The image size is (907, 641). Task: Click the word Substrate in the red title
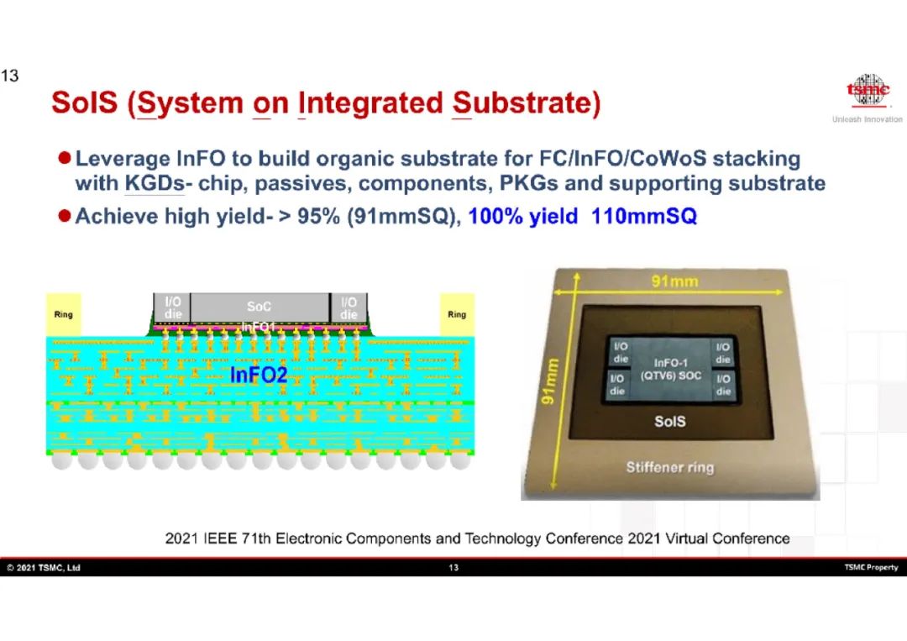(527, 103)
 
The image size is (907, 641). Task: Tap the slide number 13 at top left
(10, 76)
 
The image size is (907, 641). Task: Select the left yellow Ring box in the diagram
(64, 315)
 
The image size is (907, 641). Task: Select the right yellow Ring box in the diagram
(457, 315)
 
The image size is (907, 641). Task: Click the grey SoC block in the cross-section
(260, 307)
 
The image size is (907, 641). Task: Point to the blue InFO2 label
(259, 375)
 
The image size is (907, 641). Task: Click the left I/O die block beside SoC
(172, 307)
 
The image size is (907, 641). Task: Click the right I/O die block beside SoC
(349, 307)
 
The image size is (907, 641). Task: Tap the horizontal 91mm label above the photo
(674, 281)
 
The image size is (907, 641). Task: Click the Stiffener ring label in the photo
(670, 467)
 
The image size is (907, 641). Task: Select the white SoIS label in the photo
(670, 421)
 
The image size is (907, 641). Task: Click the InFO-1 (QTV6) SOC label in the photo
(671, 369)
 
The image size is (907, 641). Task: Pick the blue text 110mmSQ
(644, 217)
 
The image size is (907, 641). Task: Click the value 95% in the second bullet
(319, 217)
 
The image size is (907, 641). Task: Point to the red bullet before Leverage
(64, 157)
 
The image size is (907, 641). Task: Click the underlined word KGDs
(155, 183)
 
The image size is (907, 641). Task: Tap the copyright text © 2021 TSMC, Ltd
(44, 568)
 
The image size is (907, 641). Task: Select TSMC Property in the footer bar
(871, 567)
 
